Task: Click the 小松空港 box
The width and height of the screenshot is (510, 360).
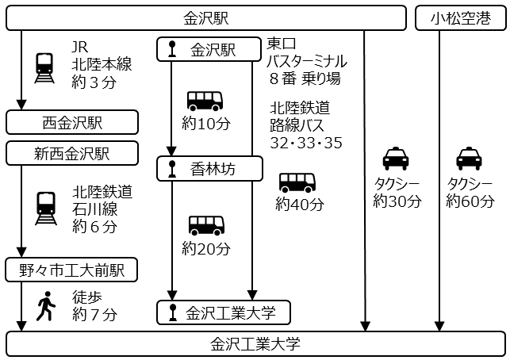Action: click(x=460, y=18)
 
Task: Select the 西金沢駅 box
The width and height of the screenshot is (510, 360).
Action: click(x=72, y=123)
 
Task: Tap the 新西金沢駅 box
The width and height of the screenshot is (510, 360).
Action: click(x=72, y=153)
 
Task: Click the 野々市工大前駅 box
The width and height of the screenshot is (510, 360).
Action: click(x=72, y=270)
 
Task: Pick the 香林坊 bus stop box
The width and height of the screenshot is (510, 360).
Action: click(x=209, y=168)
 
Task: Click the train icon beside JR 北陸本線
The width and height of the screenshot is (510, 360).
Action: click(x=45, y=68)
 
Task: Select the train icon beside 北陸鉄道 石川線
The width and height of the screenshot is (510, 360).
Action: click(x=45, y=208)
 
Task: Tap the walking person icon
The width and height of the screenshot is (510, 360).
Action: click(x=45, y=305)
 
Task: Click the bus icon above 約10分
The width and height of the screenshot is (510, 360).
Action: click(x=205, y=101)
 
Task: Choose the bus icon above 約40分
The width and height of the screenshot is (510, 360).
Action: click(x=297, y=183)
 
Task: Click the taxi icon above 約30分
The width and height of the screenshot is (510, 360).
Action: click(x=396, y=159)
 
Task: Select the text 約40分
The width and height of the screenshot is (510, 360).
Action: click(x=300, y=204)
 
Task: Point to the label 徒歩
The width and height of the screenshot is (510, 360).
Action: click(x=86, y=297)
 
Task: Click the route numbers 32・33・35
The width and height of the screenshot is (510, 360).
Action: click(x=305, y=142)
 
